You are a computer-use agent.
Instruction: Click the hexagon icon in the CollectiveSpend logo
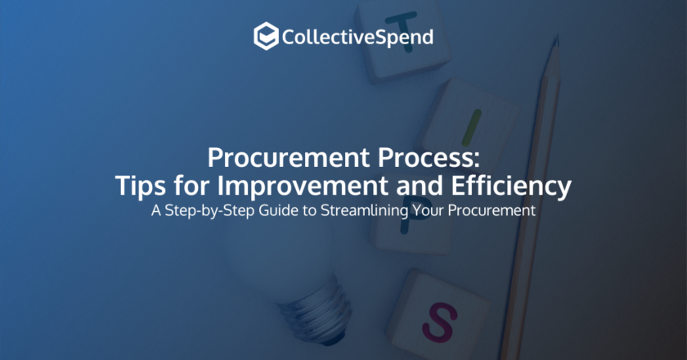point(265,36)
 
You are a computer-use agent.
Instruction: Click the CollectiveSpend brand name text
point(357,37)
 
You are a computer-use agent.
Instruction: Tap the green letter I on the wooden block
point(467,124)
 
